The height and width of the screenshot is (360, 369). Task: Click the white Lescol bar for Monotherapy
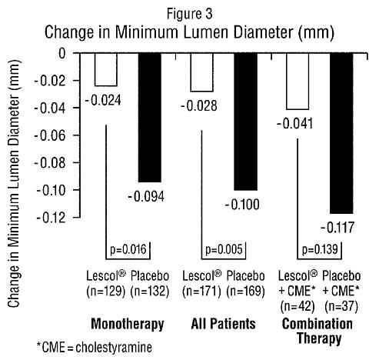(x=106, y=69)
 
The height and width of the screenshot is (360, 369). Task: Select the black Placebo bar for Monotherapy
(x=150, y=118)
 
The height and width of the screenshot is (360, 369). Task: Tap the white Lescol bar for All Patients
(x=201, y=72)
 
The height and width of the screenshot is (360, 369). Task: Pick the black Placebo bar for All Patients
(x=246, y=122)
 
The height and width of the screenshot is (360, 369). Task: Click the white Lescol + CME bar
(x=298, y=81)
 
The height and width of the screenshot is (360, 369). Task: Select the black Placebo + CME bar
(x=341, y=133)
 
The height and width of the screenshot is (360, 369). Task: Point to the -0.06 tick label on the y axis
(x=50, y=135)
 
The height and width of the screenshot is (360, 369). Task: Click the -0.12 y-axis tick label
(x=51, y=218)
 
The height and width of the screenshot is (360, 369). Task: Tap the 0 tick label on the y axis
(x=62, y=54)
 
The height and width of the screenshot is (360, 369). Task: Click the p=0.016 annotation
(x=128, y=249)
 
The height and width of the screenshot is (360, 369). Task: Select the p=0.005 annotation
(x=224, y=249)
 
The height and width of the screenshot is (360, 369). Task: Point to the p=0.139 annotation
(x=320, y=249)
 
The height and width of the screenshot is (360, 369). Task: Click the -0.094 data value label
(x=146, y=197)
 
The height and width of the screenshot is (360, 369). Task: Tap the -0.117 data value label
(x=337, y=228)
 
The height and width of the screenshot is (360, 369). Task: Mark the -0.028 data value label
(x=199, y=106)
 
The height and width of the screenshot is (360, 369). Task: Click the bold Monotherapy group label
(x=128, y=325)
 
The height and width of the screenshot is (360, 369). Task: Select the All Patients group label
(x=223, y=324)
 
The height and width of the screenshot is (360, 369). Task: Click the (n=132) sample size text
(x=150, y=292)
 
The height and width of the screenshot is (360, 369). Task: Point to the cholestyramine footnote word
(x=114, y=348)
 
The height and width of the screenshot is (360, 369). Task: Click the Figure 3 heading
(x=190, y=14)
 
